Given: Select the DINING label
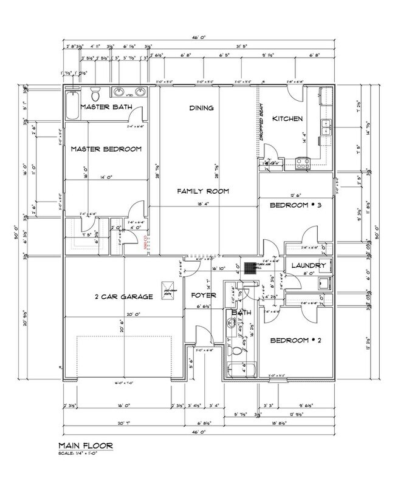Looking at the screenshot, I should [x=201, y=109].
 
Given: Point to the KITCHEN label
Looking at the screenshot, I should [x=287, y=118].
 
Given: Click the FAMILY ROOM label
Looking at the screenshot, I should [x=202, y=191].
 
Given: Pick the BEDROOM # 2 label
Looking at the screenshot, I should [x=295, y=340].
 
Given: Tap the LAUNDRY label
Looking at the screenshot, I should [x=309, y=266].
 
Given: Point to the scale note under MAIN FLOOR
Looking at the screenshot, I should [x=85, y=457].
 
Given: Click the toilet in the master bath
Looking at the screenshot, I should [x=95, y=95].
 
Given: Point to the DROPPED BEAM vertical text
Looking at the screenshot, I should [x=262, y=129].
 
